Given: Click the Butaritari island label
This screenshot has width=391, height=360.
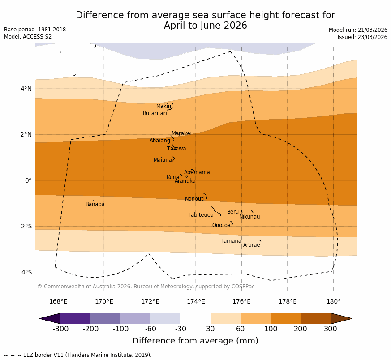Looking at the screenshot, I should (155, 113).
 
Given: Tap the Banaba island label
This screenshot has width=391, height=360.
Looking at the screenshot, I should (95, 204).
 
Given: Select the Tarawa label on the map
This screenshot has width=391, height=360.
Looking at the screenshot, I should (176, 149).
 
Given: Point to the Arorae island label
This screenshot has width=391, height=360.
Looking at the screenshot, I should (251, 245).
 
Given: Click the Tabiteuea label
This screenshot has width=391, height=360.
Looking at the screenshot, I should (200, 215).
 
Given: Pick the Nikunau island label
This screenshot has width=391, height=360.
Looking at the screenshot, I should (249, 217).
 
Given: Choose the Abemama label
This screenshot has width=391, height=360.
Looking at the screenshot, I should (197, 172).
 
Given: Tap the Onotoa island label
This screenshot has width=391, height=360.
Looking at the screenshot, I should (221, 225).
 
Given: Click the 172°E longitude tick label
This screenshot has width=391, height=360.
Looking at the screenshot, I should (150, 301).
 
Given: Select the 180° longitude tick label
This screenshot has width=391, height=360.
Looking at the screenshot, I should (333, 301).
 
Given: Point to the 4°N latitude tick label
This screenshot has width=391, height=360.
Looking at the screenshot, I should (26, 89).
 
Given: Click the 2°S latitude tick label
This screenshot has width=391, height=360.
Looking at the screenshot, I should (26, 226).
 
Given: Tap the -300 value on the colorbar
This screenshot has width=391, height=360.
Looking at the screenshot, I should (60, 330).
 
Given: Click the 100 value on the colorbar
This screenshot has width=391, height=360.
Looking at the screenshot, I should (271, 330).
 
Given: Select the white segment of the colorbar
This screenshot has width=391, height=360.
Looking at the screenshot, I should (196, 318).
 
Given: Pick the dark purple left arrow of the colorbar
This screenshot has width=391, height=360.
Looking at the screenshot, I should (50, 318).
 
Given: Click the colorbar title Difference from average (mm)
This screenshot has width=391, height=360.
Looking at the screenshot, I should (195, 341).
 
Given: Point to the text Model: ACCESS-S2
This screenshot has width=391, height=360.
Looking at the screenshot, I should (28, 37).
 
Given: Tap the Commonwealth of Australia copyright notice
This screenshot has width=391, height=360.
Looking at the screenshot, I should (146, 287).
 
